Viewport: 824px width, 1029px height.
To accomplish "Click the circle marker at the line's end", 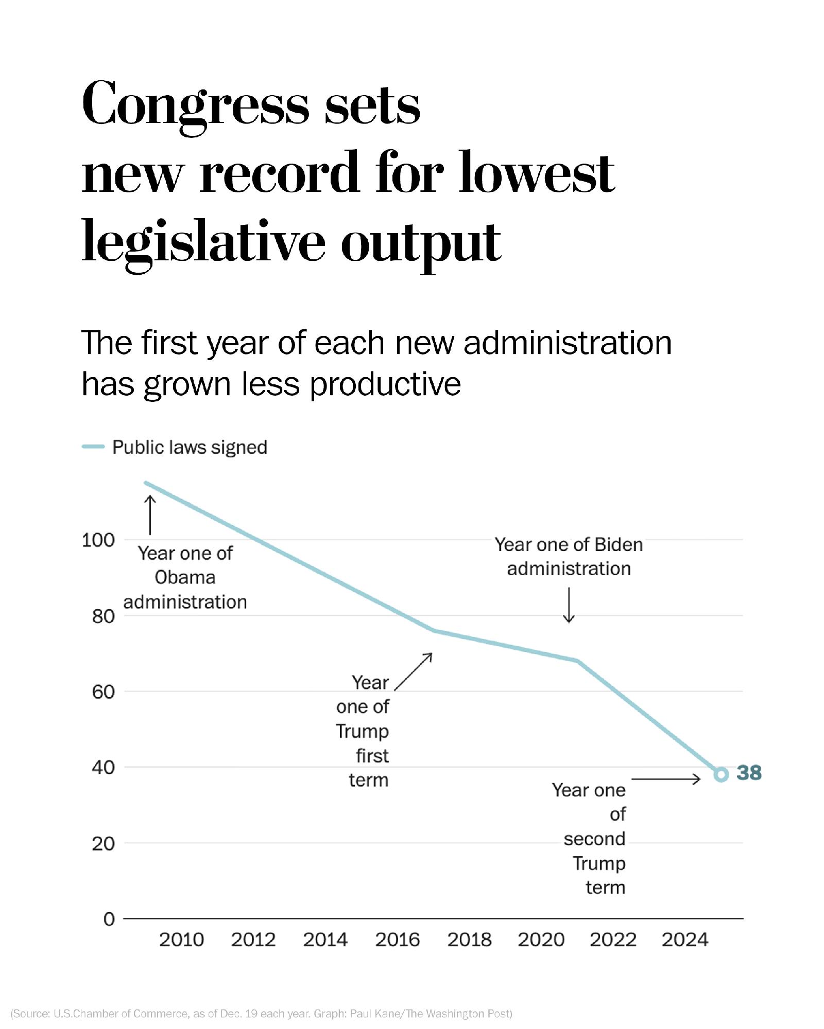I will [x=721, y=774].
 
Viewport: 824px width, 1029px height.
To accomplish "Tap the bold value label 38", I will [x=749, y=773].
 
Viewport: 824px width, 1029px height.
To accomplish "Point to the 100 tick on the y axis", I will [x=98, y=540].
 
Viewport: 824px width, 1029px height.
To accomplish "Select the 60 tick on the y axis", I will [x=103, y=691].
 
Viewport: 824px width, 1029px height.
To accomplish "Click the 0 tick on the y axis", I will [x=109, y=919].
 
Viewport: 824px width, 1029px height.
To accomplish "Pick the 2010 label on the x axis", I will [x=181, y=940].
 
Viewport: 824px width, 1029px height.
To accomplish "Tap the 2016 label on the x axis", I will [x=397, y=940].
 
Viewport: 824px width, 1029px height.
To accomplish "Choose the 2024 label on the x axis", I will [x=685, y=940].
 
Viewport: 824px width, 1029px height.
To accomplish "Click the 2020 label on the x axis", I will [x=541, y=940].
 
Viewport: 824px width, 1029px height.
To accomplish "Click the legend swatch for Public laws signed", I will [x=93, y=447].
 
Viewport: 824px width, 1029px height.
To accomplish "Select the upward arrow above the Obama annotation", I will [x=150, y=514].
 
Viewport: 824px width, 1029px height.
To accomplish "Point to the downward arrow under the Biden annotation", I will [x=569, y=605].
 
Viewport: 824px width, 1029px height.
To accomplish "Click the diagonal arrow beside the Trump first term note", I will [x=413, y=671].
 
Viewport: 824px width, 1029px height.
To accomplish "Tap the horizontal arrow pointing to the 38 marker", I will [x=665, y=779].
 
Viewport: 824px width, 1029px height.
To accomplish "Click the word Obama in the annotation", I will [x=185, y=577].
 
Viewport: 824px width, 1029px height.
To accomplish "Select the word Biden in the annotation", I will [x=618, y=544].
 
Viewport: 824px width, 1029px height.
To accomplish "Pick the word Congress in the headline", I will [x=196, y=105].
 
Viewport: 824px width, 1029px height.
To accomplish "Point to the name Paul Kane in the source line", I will [x=375, y=1014].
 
